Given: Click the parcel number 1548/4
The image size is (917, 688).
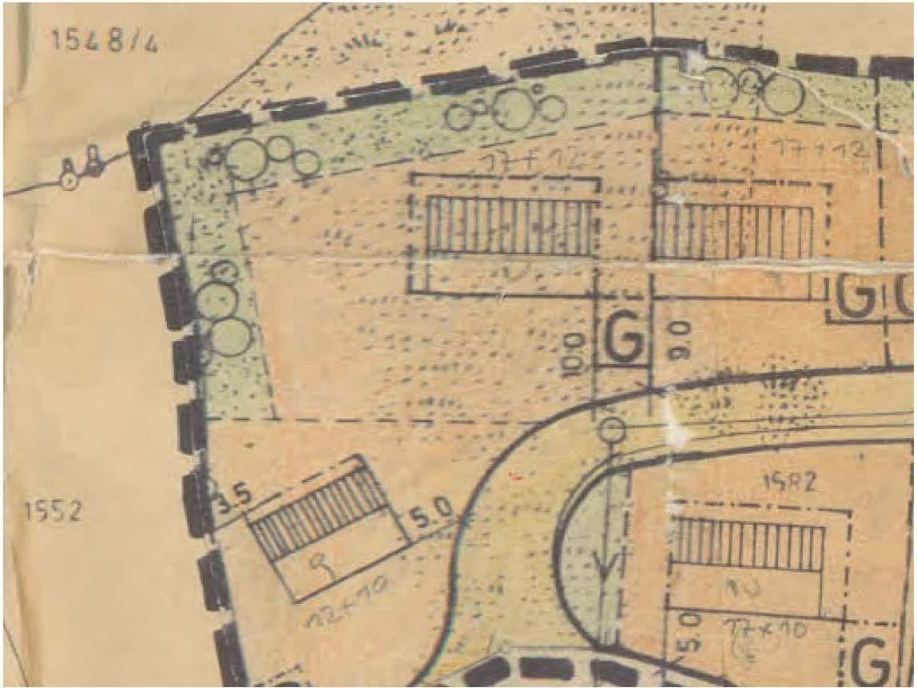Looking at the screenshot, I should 105,41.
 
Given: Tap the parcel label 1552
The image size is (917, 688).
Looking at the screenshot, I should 52,511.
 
